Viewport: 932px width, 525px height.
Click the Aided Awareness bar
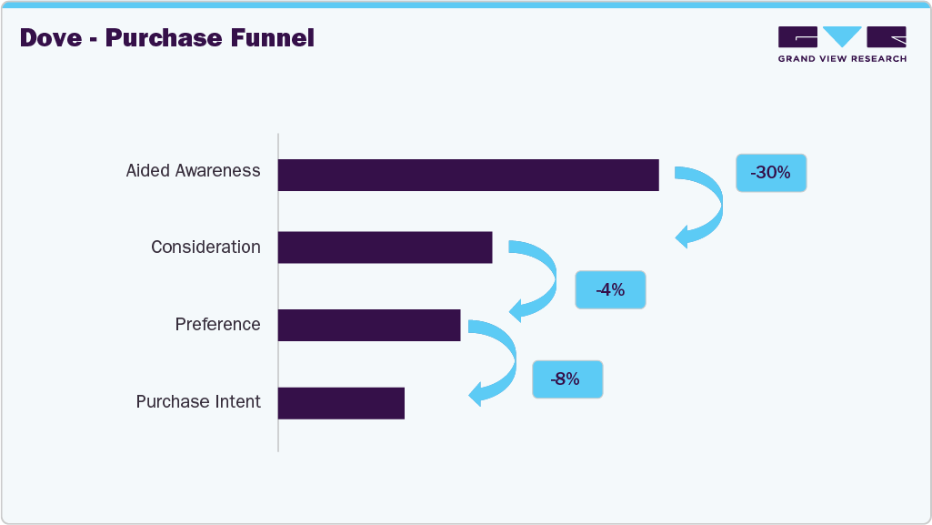pyautogui.click(x=468, y=175)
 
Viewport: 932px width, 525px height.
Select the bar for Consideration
pyautogui.click(x=385, y=247)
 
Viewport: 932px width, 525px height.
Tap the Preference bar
pyautogui.click(x=369, y=325)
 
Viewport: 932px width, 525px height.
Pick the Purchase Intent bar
pyautogui.click(x=341, y=402)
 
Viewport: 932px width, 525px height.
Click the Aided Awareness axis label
pyautogui.click(x=193, y=170)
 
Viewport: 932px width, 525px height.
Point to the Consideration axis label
pyautogui.click(x=205, y=247)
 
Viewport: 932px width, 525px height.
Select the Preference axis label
pyautogui.click(x=217, y=325)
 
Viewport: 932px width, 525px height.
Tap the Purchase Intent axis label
pyautogui.click(x=198, y=402)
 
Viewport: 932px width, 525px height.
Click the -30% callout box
pyautogui.click(x=770, y=172)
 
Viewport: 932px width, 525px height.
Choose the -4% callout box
pyautogui.click(x=610, y=290)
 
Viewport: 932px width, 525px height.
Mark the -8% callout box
pyautogui.click(x=567, y=379)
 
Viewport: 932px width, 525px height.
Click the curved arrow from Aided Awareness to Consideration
pyautogui.click(x=709, y=205)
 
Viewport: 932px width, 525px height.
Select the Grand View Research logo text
pyautogui.click(x=841, y=59)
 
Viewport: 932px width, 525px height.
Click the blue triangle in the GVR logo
pyautogui.click(x=842, y=36)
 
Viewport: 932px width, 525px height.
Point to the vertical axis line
pyautogui.click(x=278, y=291)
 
